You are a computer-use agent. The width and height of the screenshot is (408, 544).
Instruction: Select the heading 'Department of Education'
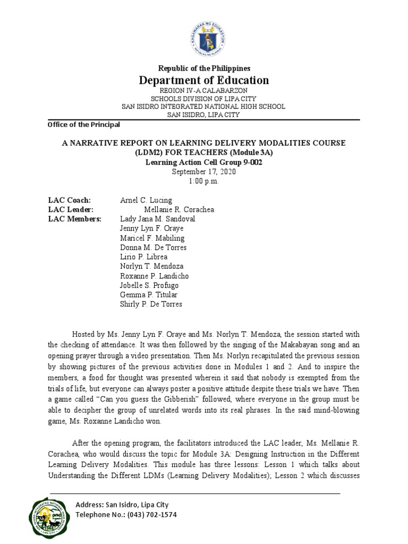point(204,80)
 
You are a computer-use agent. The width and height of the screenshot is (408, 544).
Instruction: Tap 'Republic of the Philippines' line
point(204,69)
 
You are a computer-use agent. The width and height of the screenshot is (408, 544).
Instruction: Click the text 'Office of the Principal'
point(84,125)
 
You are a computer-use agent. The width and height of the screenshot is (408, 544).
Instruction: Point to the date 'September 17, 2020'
point(204,172)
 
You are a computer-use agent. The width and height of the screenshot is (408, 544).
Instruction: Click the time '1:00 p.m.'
point(204,181)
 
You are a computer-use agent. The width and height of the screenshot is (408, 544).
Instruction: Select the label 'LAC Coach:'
point(70,200)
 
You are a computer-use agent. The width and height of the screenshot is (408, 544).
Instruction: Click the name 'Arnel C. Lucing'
point(146,200)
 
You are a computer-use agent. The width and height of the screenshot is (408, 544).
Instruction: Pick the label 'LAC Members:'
point(74,219)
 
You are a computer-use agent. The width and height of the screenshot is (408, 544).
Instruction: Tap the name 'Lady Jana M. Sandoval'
point(158,219)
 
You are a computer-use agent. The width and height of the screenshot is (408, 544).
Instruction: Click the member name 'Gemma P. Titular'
point(149,295)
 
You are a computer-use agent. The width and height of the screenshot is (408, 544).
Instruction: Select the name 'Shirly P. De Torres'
point(151,304)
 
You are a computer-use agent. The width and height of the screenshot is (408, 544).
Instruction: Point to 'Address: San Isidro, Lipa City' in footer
point(122,504)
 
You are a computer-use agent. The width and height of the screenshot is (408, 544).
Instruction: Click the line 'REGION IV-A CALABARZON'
point(204,91)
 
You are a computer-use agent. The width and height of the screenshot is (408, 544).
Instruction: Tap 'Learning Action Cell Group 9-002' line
point(204,163)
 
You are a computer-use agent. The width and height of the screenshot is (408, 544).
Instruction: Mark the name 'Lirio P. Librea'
point(143,257)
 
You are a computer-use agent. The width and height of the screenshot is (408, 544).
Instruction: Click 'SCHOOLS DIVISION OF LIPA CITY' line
point(204,99)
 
